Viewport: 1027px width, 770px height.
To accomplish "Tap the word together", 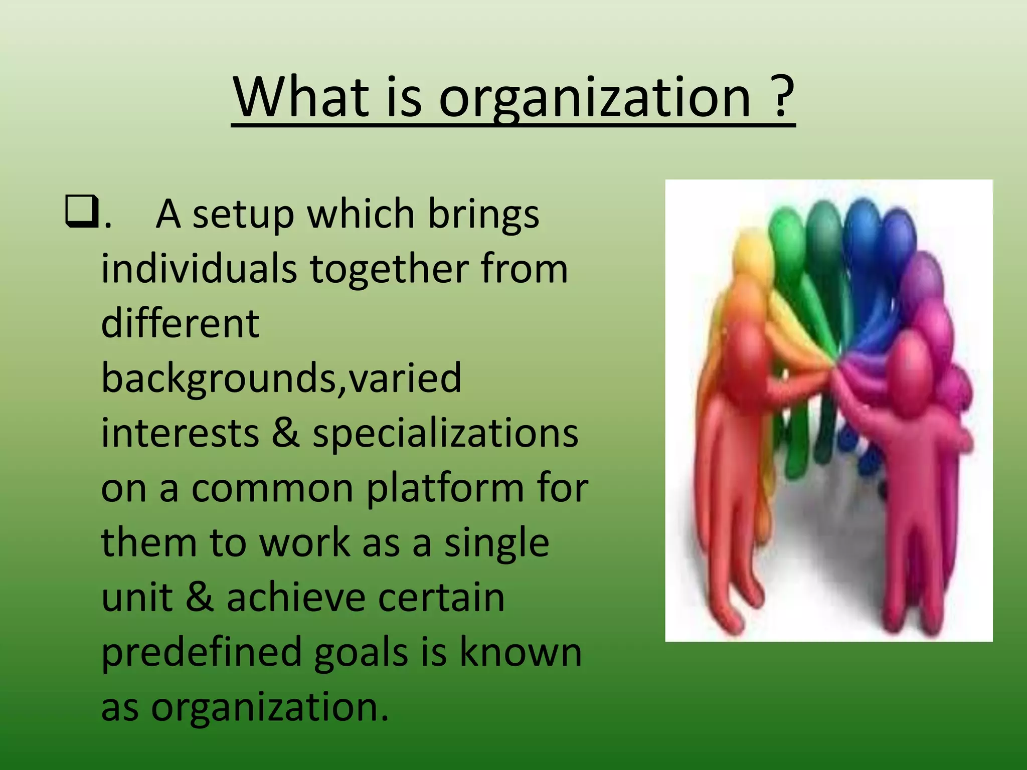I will (389, 270).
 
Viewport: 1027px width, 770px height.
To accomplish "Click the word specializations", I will (445, 434).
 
